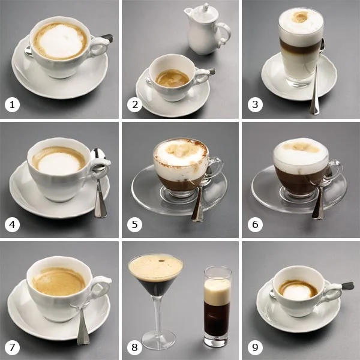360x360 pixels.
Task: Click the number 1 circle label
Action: [12, 104]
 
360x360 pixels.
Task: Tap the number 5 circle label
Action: [134, 224]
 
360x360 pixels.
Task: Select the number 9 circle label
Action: [255, 347]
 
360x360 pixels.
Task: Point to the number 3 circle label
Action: [255, 104]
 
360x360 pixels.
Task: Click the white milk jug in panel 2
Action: [207, 29]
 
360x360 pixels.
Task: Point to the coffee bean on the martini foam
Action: [161, 261]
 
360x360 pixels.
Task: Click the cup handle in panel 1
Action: [100, 47]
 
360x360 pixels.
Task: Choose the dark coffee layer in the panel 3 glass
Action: [300, 46]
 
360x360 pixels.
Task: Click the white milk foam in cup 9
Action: [296, 292]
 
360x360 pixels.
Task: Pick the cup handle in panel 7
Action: [101, 288]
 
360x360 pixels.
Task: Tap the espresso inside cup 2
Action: [173, 79]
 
